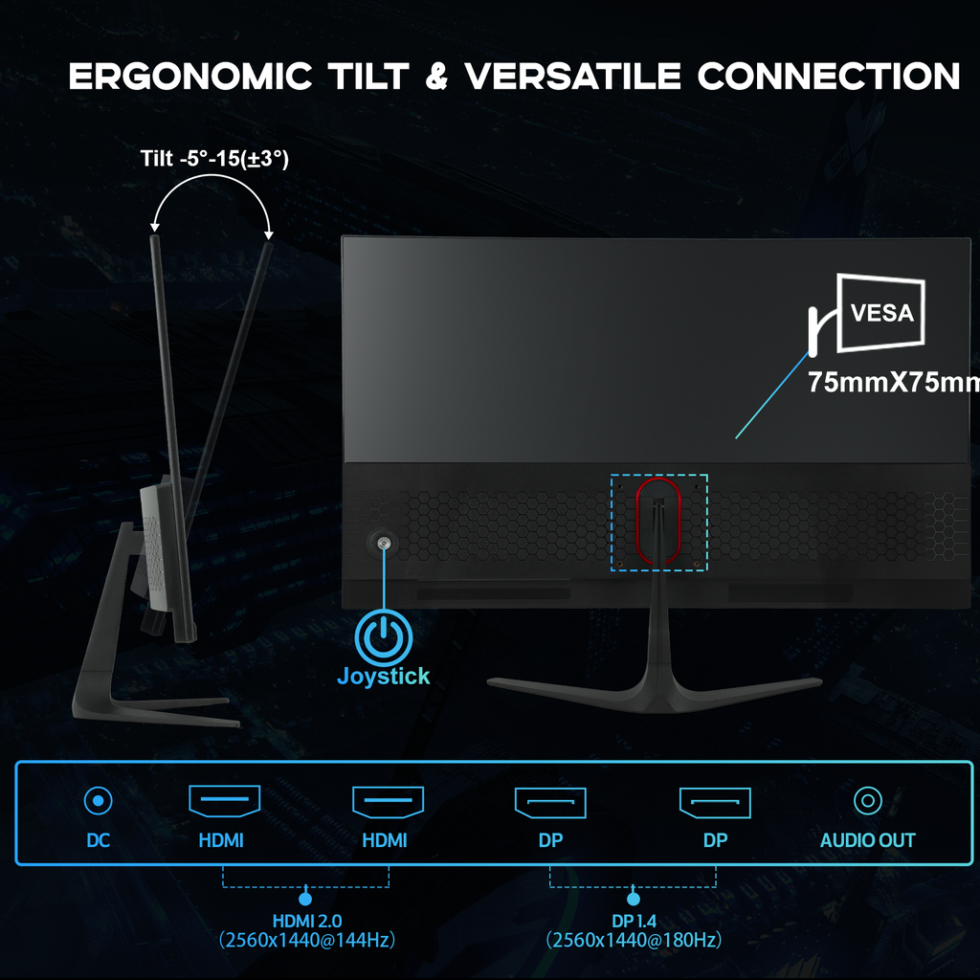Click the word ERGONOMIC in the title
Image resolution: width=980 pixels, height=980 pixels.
[x=190, y=77]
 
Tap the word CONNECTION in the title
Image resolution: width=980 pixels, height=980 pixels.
[x=829, y=77]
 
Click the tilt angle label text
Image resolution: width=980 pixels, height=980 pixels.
[x=214, y=158]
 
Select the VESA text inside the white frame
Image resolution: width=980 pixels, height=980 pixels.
[x=881, y=313]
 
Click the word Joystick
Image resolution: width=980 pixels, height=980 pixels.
[x=383, y=676]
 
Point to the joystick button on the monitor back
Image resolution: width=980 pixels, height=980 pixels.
[x=384, y=544]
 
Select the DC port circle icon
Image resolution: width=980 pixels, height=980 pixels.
[x=99, y=800]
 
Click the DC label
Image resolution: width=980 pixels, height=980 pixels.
[x=99, y=841]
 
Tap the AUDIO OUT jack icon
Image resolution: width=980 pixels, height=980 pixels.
[x=867, y=800]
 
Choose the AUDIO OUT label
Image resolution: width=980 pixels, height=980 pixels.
[x=867, y=841]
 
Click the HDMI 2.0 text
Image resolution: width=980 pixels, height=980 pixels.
[x=305, y=921]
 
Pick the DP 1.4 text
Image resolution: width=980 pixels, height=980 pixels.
[x=632, y=921]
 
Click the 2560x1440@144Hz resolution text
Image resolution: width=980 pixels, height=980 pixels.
[x=305, y=941]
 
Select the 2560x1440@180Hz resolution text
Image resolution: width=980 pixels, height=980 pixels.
[x=632, y=941]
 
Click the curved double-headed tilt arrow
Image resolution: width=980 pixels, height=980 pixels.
[x=212, y=191]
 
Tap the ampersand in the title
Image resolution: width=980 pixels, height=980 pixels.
[x=436, y=77]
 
